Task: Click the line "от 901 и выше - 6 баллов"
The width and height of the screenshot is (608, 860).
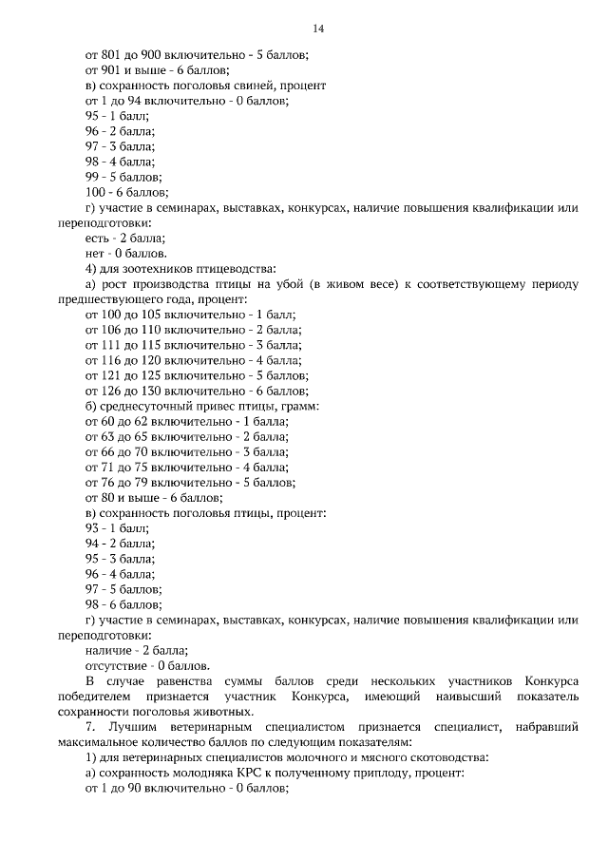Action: [x=157, y=70]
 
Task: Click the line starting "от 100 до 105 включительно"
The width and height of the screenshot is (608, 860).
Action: [x=190, y=315]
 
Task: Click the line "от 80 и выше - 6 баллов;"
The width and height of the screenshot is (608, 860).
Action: [x=154, y=497]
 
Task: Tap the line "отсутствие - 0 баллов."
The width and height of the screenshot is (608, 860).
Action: [x=147, y=665]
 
